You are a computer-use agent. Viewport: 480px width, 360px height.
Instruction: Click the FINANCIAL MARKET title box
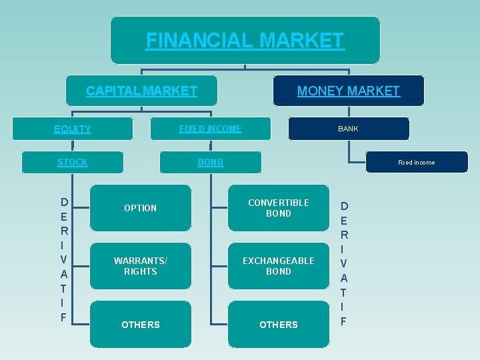[x=245, y=41]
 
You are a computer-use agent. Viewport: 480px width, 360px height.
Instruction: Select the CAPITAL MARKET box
[x=141, y=91]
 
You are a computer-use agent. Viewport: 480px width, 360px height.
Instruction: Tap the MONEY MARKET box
[x=348, y=91]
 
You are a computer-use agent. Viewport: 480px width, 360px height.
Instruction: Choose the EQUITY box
[x=72, y=129]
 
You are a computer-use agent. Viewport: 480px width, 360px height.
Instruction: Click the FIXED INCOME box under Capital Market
[x=210, y=129]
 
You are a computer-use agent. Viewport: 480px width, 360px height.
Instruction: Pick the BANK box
[x=348, y=129]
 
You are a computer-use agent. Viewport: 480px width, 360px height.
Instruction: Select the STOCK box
[x=72, y=162]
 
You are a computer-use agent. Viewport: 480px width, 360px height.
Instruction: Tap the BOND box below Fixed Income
[x=210, y=162]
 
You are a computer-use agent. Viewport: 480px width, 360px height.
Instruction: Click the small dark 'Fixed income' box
[x=416, y=162]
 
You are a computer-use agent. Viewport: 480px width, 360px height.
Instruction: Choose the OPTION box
[x=140, y=208]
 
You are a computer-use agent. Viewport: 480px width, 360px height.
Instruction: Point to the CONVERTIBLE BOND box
[x=279, y=208]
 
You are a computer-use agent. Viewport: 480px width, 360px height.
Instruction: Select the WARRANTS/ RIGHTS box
[x=140, y=266]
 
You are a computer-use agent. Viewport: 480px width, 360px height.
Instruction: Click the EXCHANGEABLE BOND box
[x=279, y=266]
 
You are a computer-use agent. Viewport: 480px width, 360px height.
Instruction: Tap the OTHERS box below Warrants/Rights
[x=140, y=325]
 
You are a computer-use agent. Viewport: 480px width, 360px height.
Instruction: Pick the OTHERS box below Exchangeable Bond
[x=279, y=325]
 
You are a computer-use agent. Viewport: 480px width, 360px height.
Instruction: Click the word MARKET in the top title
[x=301, y=41]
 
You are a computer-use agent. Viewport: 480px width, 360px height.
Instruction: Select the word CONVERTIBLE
[x=279, y=203]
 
